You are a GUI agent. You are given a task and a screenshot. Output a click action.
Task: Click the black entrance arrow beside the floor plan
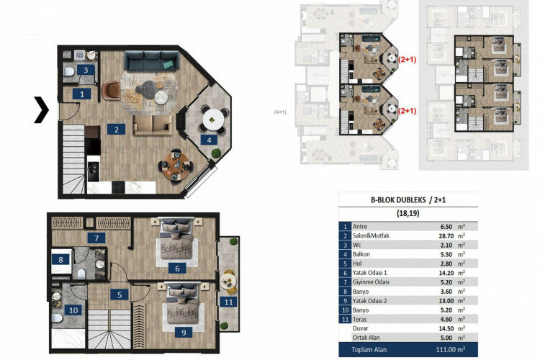pyautogui.click(x=42, y=109)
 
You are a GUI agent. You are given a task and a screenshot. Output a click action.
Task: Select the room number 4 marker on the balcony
pyautogui.click(x=208, y=140)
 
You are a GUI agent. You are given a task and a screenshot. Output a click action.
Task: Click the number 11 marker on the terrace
pyautogui.click(x=228, y=302)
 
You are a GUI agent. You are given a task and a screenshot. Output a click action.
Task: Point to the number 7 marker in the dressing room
pyautogui.click(x=94, y=238)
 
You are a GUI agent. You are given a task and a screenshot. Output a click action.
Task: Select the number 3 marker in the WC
pyautogui.click(x=86, y=70)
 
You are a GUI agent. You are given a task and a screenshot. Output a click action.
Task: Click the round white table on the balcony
pyautogui.click(x=211, y=115)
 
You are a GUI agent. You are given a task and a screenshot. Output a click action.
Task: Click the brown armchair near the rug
pyautogui.click(x=111, y=90)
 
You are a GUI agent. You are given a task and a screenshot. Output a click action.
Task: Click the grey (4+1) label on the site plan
pyautogui.click(x=281, y=112)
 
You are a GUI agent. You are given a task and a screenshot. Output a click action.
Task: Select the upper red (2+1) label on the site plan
pyautogui.click(x=408, y=62)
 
